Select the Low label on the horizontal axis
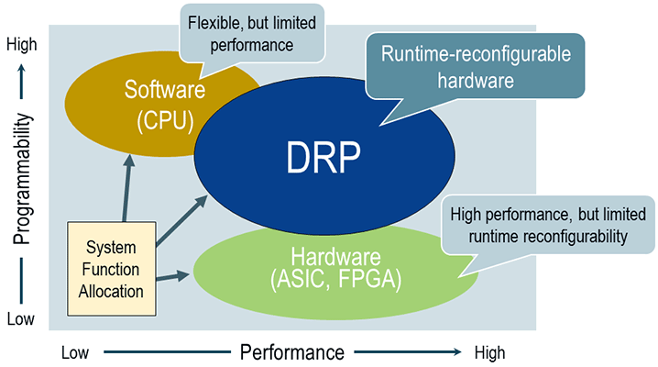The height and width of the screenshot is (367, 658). (x=76, y=353)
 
